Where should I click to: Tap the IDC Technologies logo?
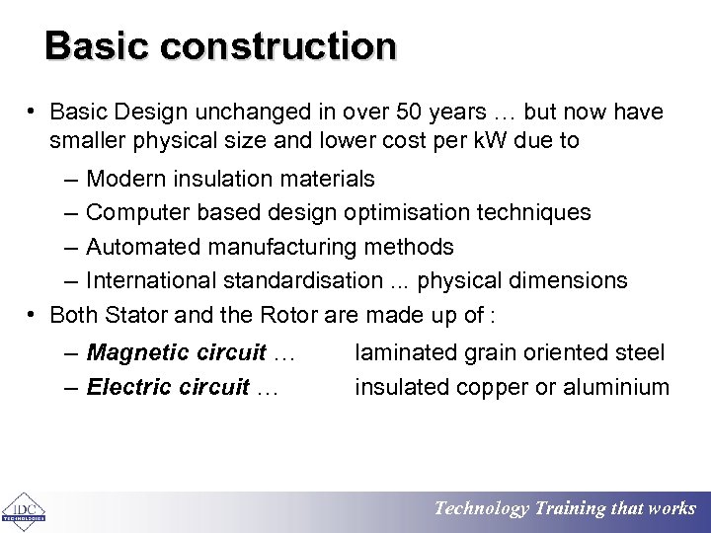pos(22,509)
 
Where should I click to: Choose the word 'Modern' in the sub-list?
pos(125,179)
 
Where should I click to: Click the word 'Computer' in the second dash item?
pos(133,212)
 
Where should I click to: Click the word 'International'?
pos(151,280)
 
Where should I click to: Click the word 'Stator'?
pos(133,314)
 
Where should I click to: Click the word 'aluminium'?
pos(618,387)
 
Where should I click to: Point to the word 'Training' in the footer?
pos(570,509)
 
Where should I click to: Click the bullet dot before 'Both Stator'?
pos(34,314)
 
